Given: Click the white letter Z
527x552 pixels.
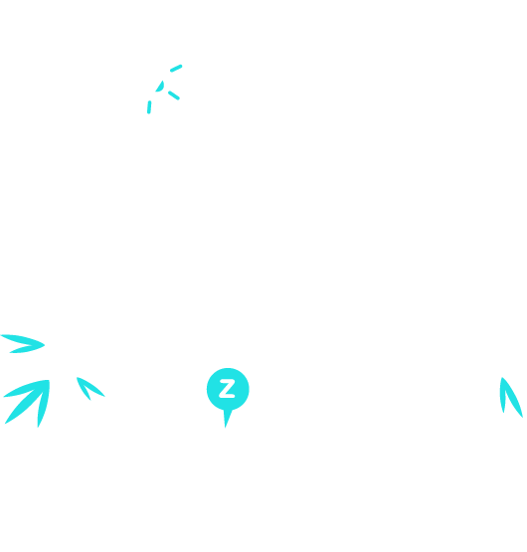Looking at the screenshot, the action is pyautogui.click(x=227, y=389).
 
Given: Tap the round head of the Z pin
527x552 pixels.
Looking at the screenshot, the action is pyautogui.click(x=228, y=389).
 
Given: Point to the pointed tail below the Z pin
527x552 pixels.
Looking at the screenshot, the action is pyautogui.click(x=227, y=418).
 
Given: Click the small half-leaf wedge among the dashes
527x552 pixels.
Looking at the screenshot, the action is pyautogui.click(x=160, y=88).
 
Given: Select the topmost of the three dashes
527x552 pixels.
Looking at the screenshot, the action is pyautogui.click(x=176, y=69).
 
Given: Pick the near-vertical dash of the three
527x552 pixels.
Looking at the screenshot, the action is pyautogui.click(x=149, y=107).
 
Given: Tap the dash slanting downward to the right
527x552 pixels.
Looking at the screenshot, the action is pyautogui.click(x=174, y=95).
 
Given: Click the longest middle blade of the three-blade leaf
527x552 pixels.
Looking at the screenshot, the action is pyautogui.click(x=28, y=403).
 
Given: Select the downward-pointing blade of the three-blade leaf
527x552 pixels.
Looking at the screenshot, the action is pyautogui.click(x=44, y=403).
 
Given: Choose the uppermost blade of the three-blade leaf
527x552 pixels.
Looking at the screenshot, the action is pyautogui.click(x=25, y=389).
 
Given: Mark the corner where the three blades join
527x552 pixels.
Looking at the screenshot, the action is pyautogui.click(x=49, y=381).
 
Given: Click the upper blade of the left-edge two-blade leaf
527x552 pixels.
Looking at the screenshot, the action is pyautogui.click(x=22, y=340).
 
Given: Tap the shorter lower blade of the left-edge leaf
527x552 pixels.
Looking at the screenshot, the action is pyautogui.click(x=27, y=349).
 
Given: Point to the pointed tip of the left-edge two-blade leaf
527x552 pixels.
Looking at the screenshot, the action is pyautogui.click(x=45, y=345).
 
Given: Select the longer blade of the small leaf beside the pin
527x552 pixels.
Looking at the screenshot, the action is pyautogui.click(x=91, y=387).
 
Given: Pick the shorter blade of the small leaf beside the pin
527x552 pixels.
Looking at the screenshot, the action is pyautogui.click(x=84, y=389).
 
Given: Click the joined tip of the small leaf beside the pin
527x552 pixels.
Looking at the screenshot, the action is pyautogui.click(x=78, y=378).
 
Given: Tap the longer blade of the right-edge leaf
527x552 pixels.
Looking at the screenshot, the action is pyautogui.click(x=512, y=397).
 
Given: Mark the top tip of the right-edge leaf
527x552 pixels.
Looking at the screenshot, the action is pyautogui.click(x=502, y=378).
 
